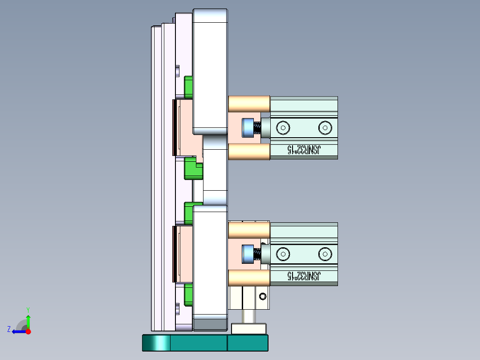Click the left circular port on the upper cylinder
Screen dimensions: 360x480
(x=282, y=128)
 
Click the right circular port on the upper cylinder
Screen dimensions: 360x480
(x=325, y=128)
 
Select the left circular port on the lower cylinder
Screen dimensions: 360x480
(x=282, y=254)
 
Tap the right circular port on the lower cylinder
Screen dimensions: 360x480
(x=325, y=254)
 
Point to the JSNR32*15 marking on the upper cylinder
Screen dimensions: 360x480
(x=303, y=150)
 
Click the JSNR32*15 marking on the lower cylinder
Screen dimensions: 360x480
(x=303, y=276)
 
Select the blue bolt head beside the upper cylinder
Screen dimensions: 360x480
(x=247, y=128)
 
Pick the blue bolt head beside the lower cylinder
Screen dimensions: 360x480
(x=247, y=254)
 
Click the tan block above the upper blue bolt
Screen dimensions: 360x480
(x=249, y=104)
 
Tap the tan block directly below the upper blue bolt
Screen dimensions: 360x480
(x=249, y=151)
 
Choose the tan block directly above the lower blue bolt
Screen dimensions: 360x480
(x=249, y=230)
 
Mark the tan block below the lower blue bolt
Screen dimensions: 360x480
(x=249, y=278)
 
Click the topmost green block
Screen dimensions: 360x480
(x=188, y=86)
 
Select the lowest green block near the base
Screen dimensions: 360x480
(x=188, y=295)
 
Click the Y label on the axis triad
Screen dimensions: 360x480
(x=28, y=309)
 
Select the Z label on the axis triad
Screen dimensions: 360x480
(x=9, y=329)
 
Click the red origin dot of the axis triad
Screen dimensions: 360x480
(x=28, y=331)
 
